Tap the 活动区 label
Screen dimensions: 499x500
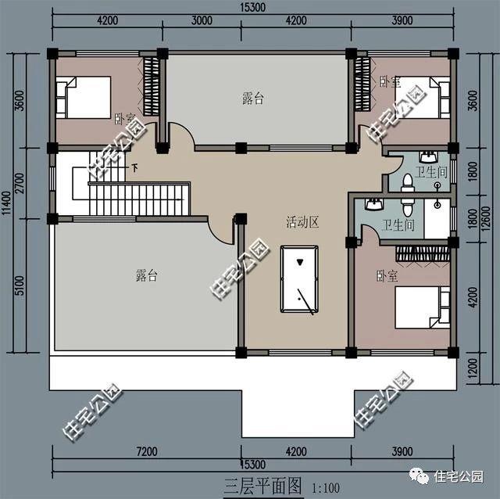coord(302,223)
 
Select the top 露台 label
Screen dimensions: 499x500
coord(253,99)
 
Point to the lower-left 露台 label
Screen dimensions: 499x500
coord(147,275)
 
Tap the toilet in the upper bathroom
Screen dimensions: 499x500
coord(406,182)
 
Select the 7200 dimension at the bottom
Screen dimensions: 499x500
coord(146,451)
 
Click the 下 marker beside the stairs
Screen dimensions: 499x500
coord(134,167)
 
